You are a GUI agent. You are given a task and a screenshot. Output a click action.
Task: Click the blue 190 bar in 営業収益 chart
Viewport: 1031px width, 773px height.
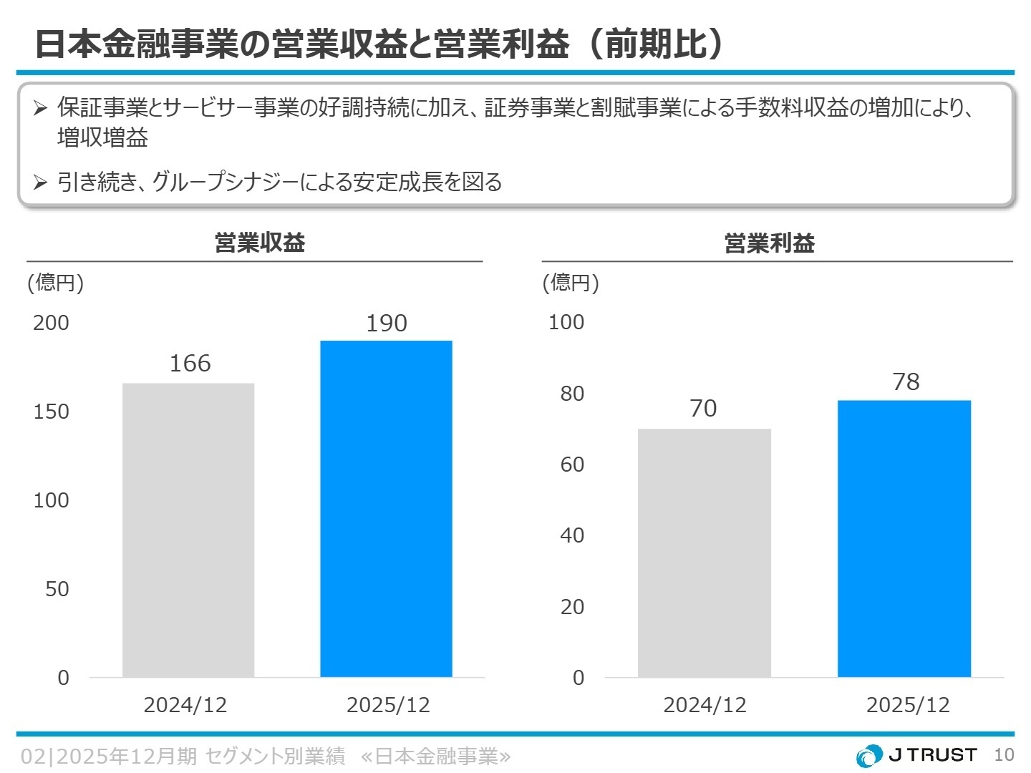[x=386, y=508]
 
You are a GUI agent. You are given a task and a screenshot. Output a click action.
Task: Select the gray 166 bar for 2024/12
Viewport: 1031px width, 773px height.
[x=188, y=530]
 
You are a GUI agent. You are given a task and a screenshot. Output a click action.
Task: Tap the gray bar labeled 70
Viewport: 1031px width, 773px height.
[x=704, y=553]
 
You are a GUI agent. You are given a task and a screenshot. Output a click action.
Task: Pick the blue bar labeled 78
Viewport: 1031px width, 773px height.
[x=904, y=538]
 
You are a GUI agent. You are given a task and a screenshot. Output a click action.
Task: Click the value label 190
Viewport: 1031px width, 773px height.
[x=387, y=324]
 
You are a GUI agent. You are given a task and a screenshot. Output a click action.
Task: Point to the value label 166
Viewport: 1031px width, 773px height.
[x=190, y=364]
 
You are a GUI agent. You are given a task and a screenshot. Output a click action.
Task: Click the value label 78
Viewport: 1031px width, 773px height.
[x=906, y=382]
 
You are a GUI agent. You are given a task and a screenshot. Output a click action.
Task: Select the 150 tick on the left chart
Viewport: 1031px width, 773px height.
[x=52, y=412]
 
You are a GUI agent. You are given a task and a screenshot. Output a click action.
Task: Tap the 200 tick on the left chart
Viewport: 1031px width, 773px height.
[x=52, y=323]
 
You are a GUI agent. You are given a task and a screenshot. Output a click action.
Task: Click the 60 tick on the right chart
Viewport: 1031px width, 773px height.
[x=572, y=465]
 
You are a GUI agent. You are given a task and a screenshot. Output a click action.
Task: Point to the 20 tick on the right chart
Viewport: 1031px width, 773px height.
[x=572, y=607]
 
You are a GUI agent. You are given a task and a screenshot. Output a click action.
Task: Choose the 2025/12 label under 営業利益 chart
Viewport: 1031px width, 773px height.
[x=908, y=705]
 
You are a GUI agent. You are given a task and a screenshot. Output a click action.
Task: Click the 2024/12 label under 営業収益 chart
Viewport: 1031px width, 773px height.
[x=185, y=705]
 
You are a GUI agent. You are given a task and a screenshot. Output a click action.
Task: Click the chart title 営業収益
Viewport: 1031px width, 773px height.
[x=260, y=243]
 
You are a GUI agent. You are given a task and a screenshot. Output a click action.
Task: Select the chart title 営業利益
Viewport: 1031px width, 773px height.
[x=770, y=243]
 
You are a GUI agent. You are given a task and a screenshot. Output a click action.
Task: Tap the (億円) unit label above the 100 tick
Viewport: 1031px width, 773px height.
[x=571, y=283]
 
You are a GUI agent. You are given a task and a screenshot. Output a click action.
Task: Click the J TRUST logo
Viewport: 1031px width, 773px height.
[x=916, y=755]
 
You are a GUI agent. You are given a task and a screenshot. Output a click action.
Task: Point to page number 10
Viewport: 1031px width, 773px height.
[x=1004, y=755]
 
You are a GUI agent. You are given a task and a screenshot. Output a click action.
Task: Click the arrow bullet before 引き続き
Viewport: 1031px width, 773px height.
[x=40, y=183]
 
